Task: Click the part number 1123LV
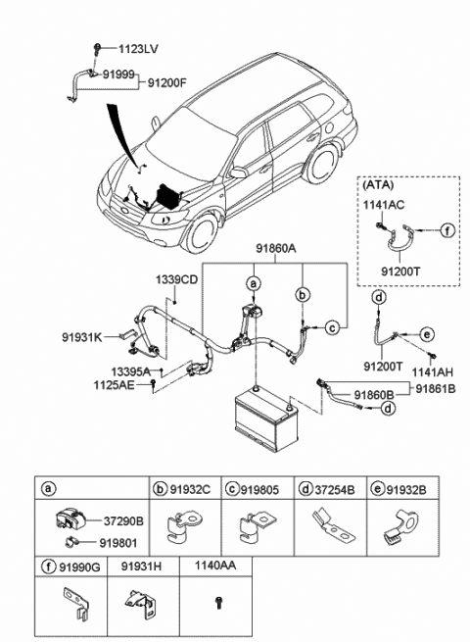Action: (x=138, y=49)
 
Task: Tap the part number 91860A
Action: (x=276, y=248)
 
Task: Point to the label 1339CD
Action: (x=176, y=279)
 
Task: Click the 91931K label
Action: (x=82, y=337)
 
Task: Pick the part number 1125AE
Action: (x=114, y=385)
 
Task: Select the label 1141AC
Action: (x=384, y=205)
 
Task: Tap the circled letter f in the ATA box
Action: (x=447, y=230)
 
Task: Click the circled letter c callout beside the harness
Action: (x=333, y=327)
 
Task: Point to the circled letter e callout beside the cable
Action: (x=427, y=334)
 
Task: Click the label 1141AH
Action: (x=433, y=372)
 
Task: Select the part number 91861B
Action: (x=436, y=388)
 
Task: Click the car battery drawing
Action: (x=267, y=418)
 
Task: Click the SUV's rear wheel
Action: (x=322, y=164)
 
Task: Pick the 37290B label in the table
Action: (x=123, y=521)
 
